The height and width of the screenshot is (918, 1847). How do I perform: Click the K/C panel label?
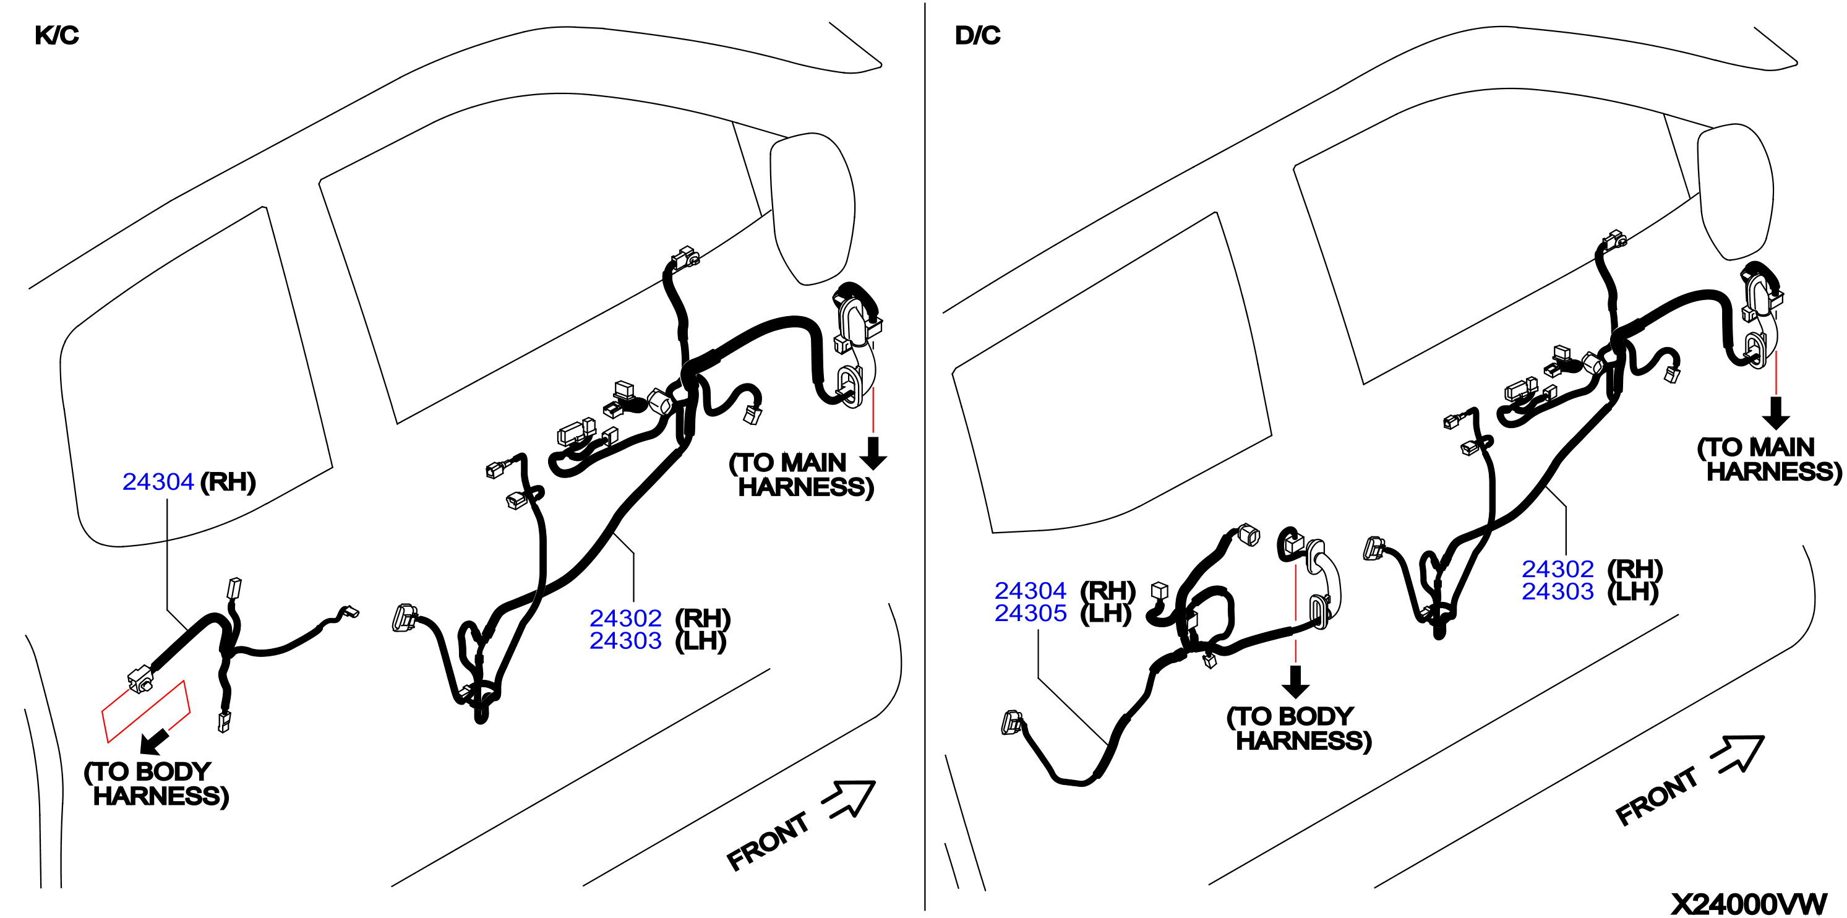(x=57, y=35)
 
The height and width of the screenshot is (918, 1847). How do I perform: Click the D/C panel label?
(x=977, y=35)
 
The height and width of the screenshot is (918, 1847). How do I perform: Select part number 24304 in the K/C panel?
(x=158, y=482)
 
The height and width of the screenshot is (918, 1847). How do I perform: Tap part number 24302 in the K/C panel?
(x=625, y=617)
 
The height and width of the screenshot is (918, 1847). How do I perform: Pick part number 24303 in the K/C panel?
(x=625, y=640)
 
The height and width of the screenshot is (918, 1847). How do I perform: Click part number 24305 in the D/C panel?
(x=1031, y=613)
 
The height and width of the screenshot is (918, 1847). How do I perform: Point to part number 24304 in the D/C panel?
(x=1031, y=590)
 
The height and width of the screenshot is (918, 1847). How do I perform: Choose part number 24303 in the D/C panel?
(x=1558, y=591)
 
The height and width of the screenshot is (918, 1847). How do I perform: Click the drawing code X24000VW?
(x=1749, y=904)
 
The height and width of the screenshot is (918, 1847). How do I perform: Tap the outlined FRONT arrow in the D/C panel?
(x=1738, y=755)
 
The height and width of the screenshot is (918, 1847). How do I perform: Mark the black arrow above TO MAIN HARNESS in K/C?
(x=873, y=453)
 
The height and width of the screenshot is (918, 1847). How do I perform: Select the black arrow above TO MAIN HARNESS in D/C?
(x=1775, y=413)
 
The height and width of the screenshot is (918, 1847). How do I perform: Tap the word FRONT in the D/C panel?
(x=1656, y=796)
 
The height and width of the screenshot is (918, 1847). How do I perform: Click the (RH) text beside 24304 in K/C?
(x=228, y=482)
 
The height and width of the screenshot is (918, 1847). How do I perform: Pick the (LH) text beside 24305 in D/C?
(x=1105, y=614)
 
